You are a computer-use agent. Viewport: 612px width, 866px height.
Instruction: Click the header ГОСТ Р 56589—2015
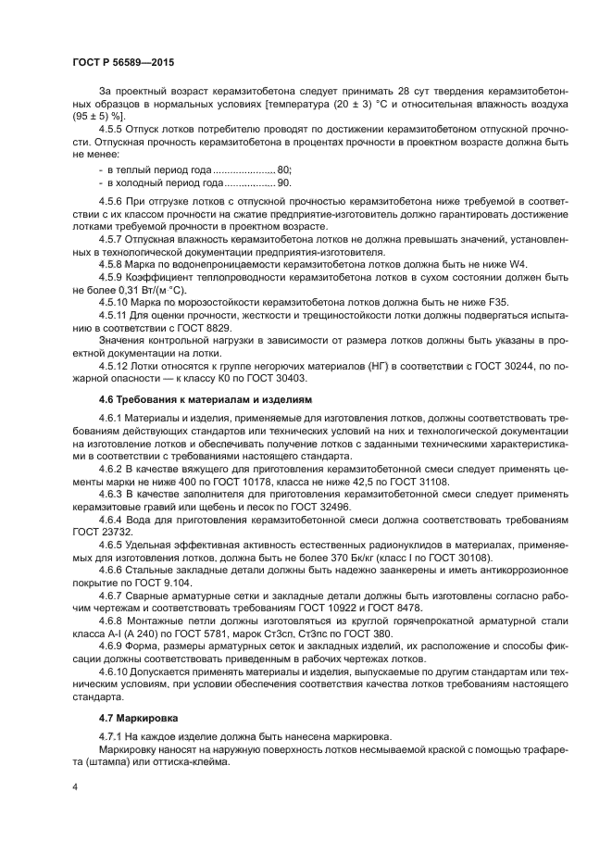(x=122, y=62)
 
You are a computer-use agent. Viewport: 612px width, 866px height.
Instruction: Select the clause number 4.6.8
(x=115, y=622)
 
